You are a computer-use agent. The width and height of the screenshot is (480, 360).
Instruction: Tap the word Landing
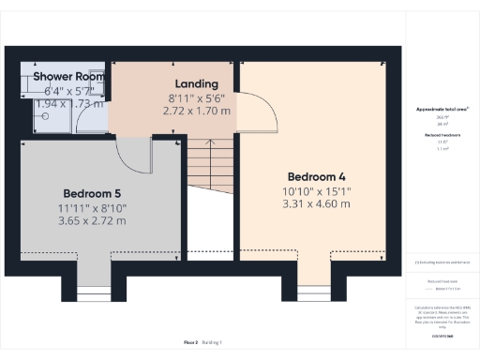196,83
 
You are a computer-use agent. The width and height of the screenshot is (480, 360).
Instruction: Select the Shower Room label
69,75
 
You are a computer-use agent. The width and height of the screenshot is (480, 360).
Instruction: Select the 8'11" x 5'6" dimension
196,97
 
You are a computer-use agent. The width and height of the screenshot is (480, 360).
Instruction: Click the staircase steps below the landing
208,169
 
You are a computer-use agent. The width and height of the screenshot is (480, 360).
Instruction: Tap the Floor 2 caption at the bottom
186,344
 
